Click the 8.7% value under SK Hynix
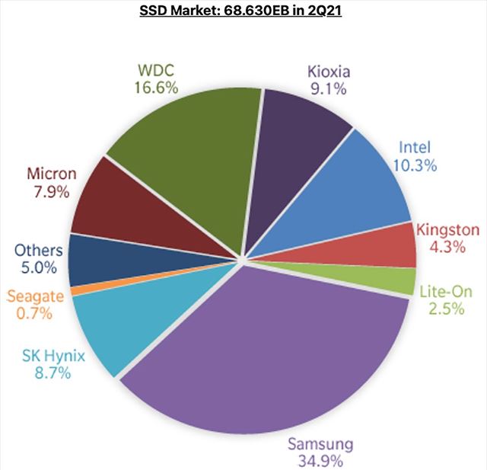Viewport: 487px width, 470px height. pyautogui.click(x=47, y=373)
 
